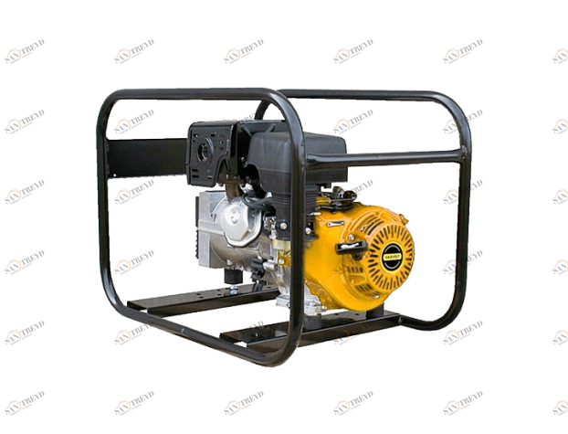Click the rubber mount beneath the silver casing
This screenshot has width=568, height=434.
(x=235, y=290)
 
